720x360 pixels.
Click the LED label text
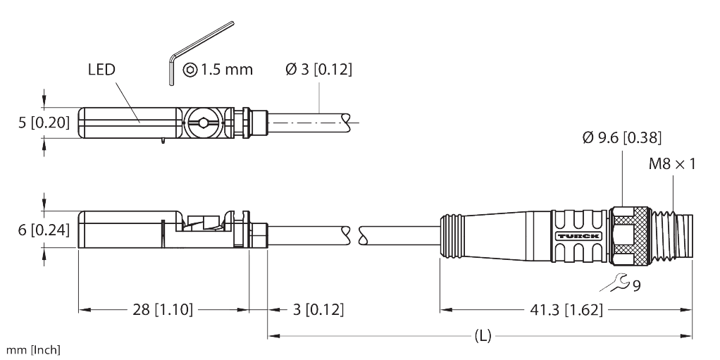(101, 70)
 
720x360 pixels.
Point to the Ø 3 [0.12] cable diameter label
(318, 70)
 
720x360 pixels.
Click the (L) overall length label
(482, 336)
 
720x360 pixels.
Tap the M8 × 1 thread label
(671, 164)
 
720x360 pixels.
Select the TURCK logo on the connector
(578, 235)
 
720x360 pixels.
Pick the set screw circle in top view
(204, 123)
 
